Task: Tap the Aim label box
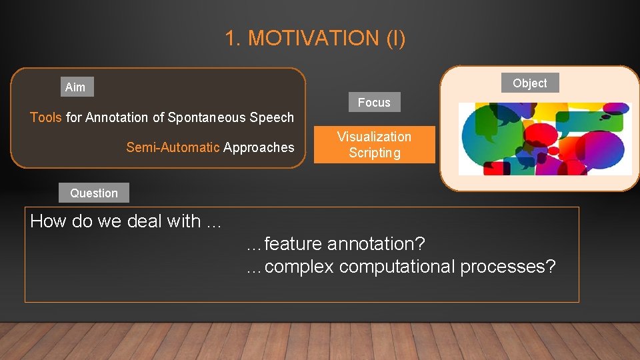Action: coord(75,87)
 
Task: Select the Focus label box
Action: coord(374,103)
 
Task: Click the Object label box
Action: coord(530,83)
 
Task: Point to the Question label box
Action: coord(94,193)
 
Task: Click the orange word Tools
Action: coord(46,117)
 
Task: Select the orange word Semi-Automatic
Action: coord(173,147)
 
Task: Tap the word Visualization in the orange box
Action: coord(374,137)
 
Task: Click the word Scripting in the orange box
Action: coord(375,153)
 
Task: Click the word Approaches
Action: coord(259,147)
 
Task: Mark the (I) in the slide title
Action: coord(395,39)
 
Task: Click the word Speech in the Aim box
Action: coord(271,117)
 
